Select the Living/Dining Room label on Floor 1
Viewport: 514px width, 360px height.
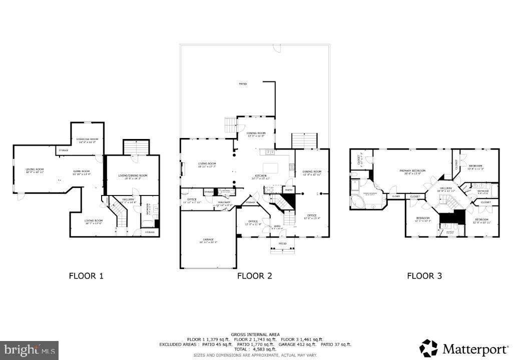click(x=133, y=175)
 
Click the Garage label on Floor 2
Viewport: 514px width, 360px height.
click(x=209, y=239)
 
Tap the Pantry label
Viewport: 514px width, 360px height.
click(x=289, y=189)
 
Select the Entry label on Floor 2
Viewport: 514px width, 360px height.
click(x=277, y=226)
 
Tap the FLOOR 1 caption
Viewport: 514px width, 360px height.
click(x=86, y=275)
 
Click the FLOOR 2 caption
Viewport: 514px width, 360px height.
click(x=255, y=275)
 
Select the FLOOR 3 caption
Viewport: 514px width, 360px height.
click(x=424, y=275)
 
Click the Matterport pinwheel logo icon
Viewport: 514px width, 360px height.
click(x=428, y=347)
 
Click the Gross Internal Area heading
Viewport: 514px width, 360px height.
click(x=255, y=334)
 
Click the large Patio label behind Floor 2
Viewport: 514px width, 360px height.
click(x=242, y=84)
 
